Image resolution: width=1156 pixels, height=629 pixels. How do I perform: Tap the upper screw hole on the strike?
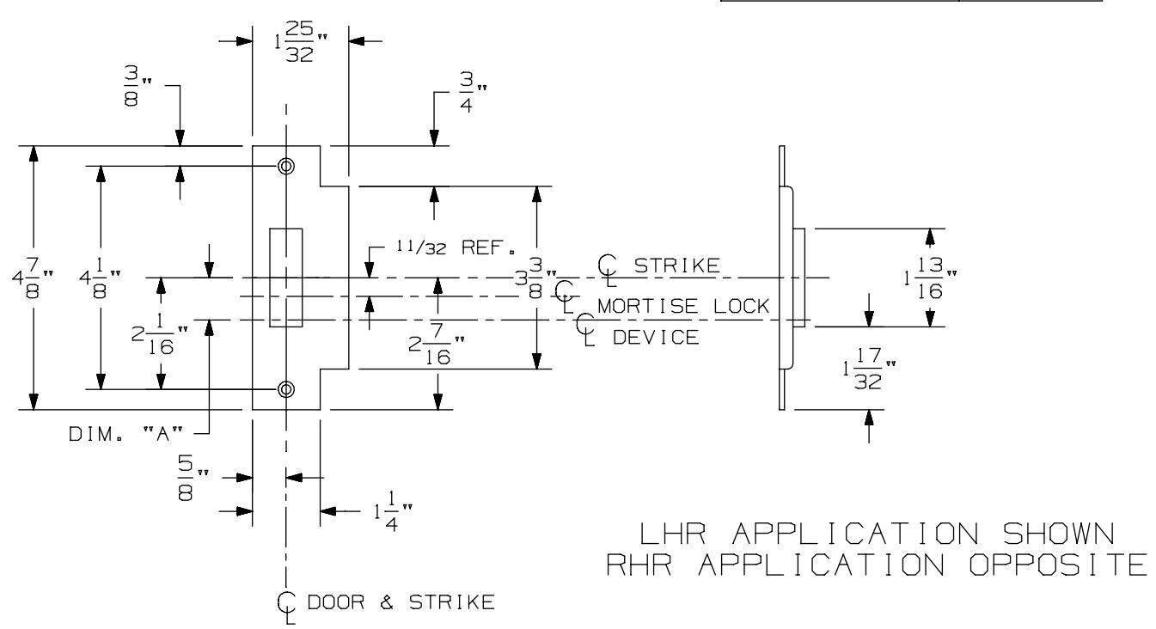pos(285,166)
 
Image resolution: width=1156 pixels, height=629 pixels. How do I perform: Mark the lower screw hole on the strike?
pos(285,389)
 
